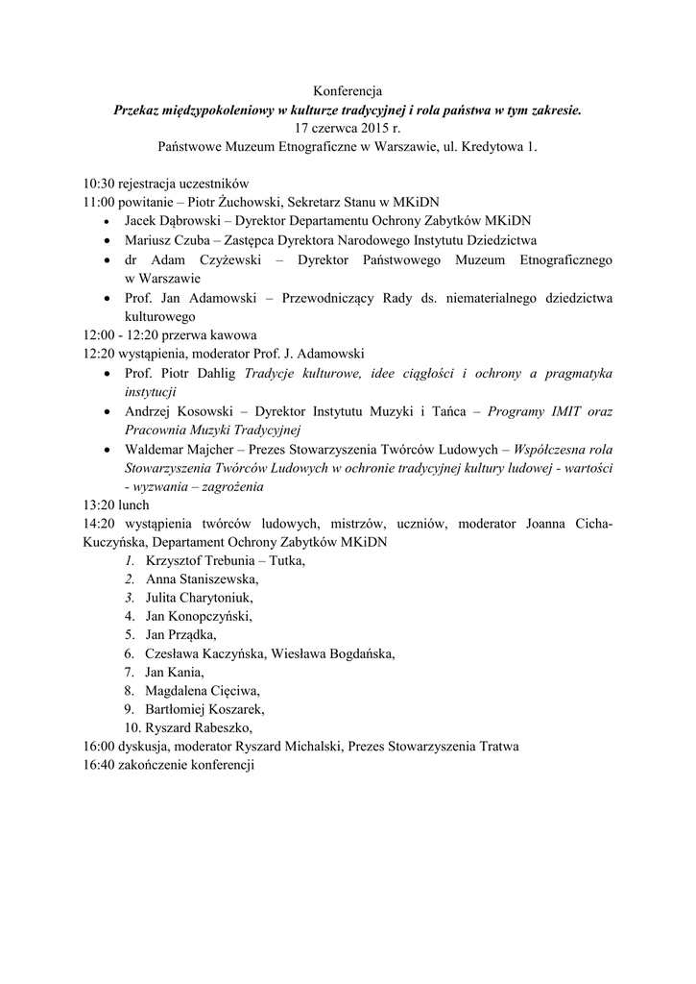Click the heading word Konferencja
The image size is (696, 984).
click(x=348, y=91)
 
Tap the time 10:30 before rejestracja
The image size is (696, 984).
click(x=99, y=183)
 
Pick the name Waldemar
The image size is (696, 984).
click(x=154, y=448)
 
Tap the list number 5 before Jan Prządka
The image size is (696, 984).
click(x=129, y=634)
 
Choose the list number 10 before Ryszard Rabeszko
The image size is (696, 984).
click(x=132, y=727)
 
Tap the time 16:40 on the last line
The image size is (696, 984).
click(x=99, y=765)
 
